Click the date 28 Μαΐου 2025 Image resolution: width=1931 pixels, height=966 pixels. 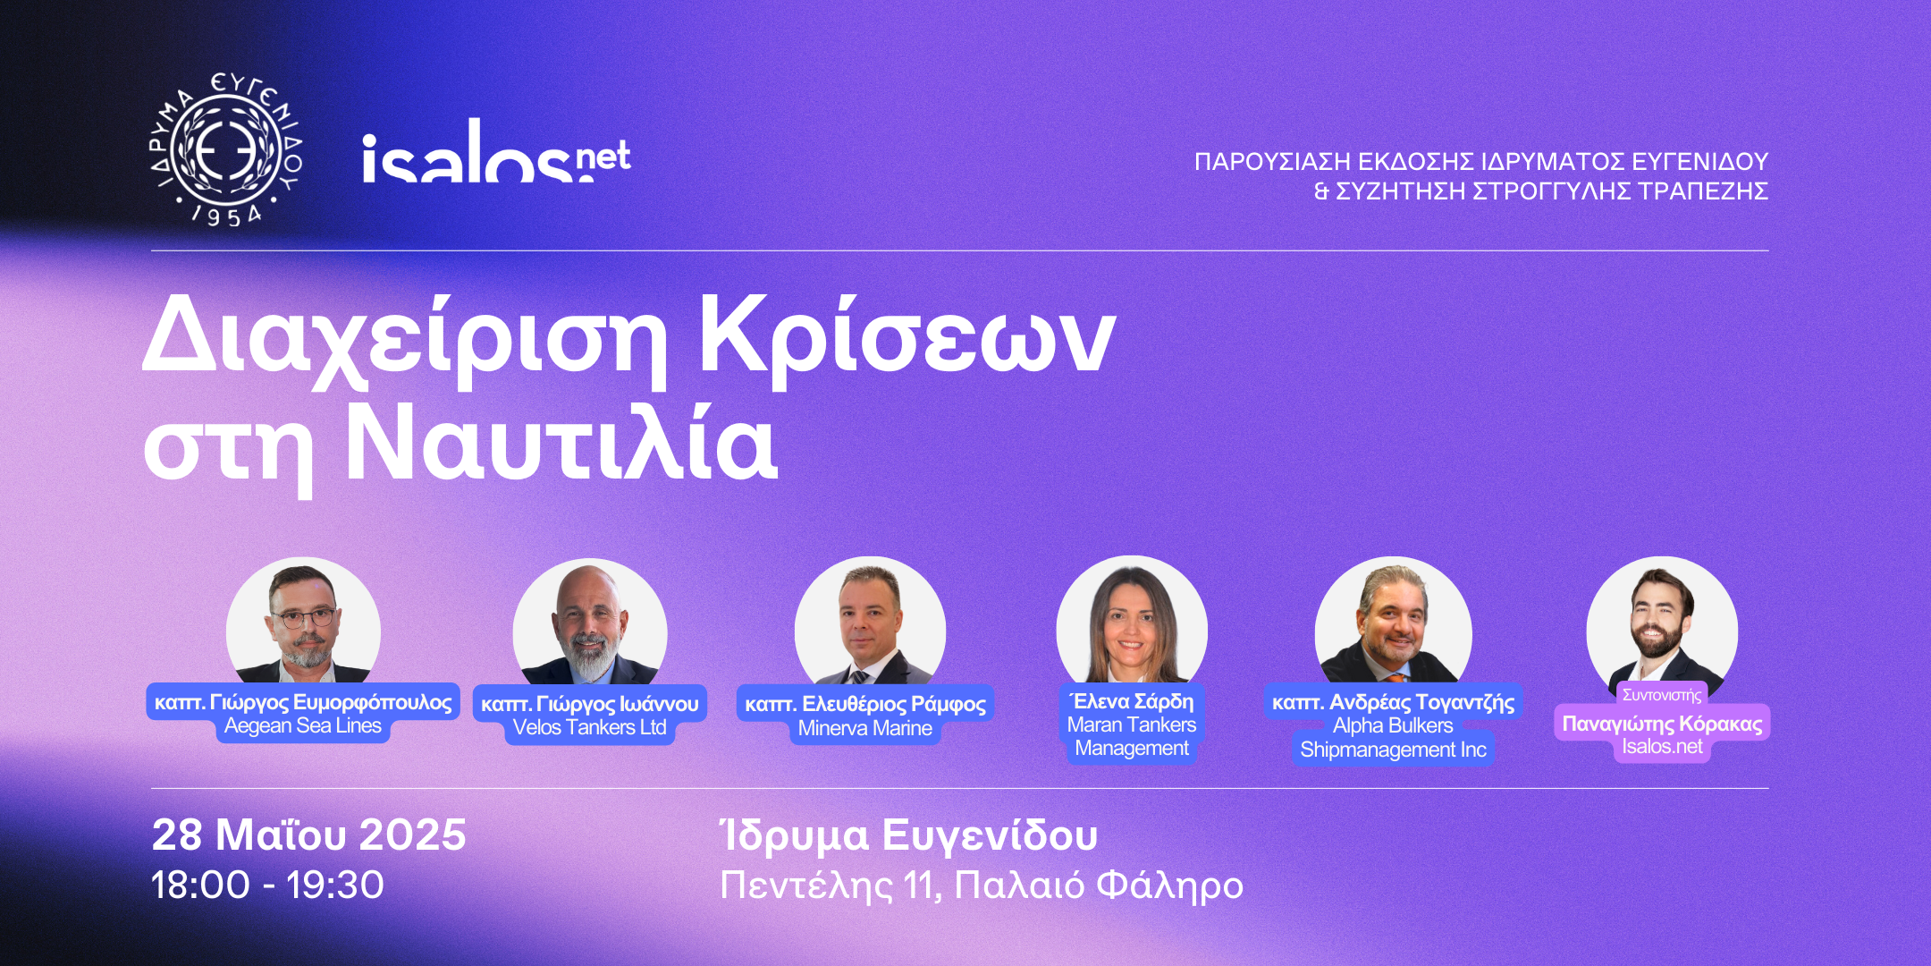pos(309,835)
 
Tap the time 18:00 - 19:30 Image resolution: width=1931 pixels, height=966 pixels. pos(267,885)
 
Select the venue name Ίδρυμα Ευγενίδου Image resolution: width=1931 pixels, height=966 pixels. pos(909,836)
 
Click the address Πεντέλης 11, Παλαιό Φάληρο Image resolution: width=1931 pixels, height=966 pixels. pos(982,885)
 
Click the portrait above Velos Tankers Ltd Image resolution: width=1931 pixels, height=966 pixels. pos(590,623)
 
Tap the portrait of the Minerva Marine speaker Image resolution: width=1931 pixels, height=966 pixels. pos(870,623)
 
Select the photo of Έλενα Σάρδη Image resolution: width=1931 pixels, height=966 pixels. pos(1132,621)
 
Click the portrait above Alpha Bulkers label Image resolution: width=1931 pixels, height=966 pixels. pos(1393,622)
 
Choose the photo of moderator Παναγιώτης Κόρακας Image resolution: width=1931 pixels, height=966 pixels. pos(1662,623)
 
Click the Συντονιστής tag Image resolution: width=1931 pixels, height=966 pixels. pos(1662,695)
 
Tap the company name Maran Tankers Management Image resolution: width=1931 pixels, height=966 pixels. pos(1132,736)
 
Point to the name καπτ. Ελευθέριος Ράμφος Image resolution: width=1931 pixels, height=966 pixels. pos(865,704)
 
